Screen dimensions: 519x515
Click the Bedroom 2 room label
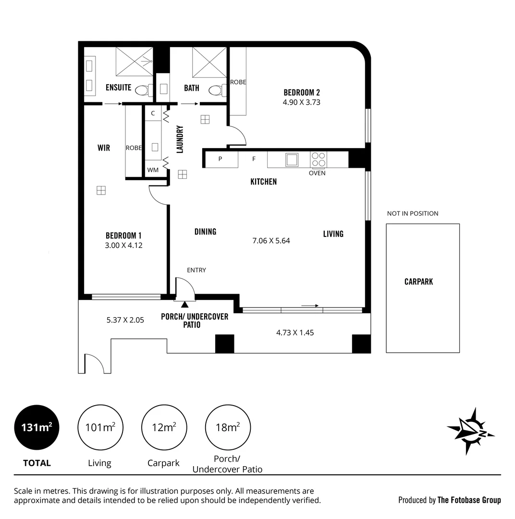coord(301,92)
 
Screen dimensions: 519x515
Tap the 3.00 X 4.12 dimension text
coord(123,245)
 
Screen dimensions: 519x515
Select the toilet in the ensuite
coord(142,90)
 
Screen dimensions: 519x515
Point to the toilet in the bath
coord(216,90)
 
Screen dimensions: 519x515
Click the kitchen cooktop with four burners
coord(318,159)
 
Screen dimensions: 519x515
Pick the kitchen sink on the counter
coord(292,159)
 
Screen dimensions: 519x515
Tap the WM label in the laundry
coord(153,170)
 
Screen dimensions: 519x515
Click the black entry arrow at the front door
coord(184,304)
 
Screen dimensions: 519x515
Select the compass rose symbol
coord(470,431)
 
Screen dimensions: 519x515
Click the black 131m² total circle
coord(37,427)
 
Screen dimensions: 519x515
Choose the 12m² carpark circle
coord(164,427)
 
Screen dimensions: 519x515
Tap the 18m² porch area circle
coord(228,427)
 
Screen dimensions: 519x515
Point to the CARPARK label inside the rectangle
coord(418,282)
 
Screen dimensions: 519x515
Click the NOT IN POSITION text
coord(413,213)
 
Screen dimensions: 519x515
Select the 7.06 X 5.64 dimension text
coord(271,241)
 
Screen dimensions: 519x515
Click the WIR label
coord(104,148)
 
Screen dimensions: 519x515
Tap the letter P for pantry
coord(220,159)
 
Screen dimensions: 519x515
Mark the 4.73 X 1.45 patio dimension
coord(294,332)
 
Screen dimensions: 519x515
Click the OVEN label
coord(317,173)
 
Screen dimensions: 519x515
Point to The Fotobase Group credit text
coord(468,500)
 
